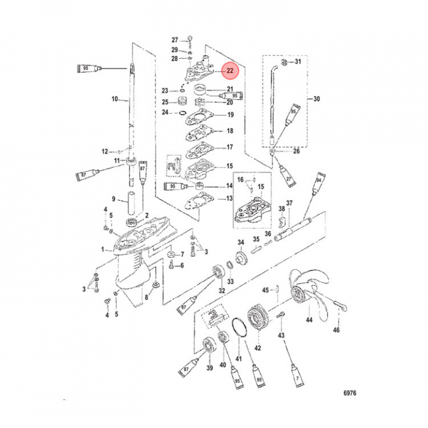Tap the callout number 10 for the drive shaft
click(x=115, y=99)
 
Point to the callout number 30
click(x=316, y=99)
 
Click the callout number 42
click(x=257, y=348)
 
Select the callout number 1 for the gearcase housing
click(x=102, y=250)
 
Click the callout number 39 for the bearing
click(x=209, y=369)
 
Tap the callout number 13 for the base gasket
click(x=229, y=199)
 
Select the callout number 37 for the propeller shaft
click(x=289, y=204)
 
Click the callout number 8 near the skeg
click(x=146, y=298)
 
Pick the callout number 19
click(x=229, y=115)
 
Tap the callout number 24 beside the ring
click(x=166, y=112)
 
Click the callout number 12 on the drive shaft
click(x=105, y=151)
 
